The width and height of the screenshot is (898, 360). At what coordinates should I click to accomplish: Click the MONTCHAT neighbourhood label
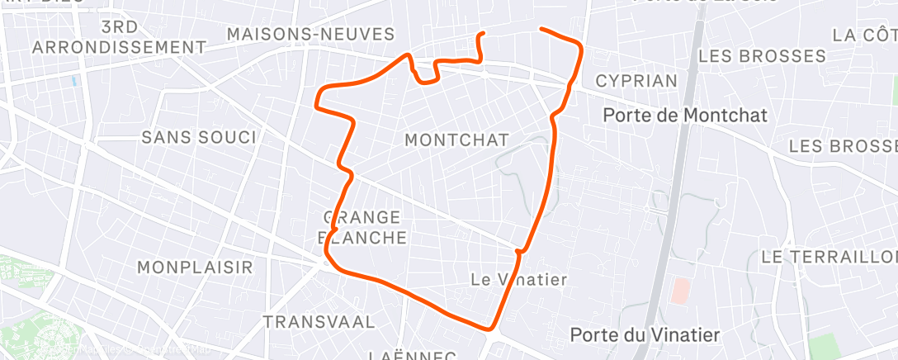tap(456, 140)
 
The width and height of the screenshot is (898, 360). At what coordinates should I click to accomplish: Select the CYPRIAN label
tap(636, 81)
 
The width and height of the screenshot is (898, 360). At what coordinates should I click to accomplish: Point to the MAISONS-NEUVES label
tap(310, 34)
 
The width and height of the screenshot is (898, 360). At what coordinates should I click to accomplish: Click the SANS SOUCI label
tap(199, 137)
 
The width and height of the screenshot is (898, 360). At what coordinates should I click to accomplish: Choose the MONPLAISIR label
tap(196, 268)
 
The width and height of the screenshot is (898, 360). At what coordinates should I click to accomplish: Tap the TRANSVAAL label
tap(319, 321)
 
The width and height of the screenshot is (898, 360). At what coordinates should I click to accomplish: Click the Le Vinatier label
tap(518, 279)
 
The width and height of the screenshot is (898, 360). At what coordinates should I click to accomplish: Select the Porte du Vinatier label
tap(645, 334)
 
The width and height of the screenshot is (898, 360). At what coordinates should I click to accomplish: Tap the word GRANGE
tap(363, 217)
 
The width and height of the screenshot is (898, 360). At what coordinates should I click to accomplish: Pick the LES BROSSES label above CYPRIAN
tap(762, 56)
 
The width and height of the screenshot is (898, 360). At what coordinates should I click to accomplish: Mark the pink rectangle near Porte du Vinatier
tap(681, 290)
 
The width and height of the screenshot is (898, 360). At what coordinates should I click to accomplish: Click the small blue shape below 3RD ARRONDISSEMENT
tap(75, 82)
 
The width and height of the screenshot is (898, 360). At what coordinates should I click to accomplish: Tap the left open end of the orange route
tap(482, 34)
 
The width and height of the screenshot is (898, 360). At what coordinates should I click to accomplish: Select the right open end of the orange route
tap(541, 29)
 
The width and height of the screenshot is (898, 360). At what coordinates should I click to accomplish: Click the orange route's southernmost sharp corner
tap(492, 328)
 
